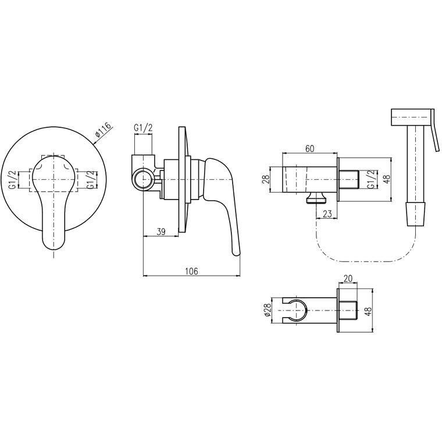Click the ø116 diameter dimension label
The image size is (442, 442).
point(104,130)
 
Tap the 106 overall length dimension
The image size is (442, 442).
point(192,271)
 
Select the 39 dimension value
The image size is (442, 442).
point(161,231)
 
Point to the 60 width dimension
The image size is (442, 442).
point(309,148)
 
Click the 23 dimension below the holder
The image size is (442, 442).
point(327,213)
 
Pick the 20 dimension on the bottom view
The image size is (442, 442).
point(348,279)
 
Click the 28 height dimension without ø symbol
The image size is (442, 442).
point(266,180)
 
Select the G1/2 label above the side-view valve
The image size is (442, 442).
point(143,128)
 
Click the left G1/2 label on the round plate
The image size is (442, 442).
point(13,180)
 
